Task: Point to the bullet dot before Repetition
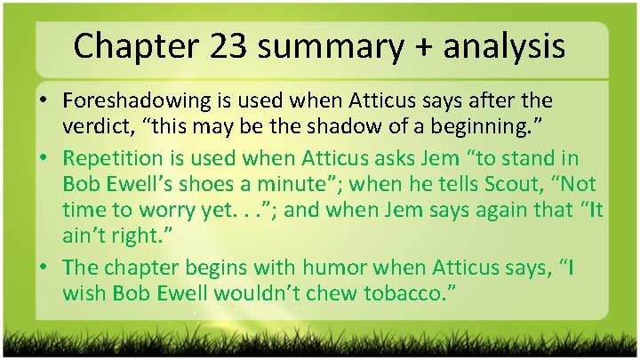[x=44, y=158]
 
